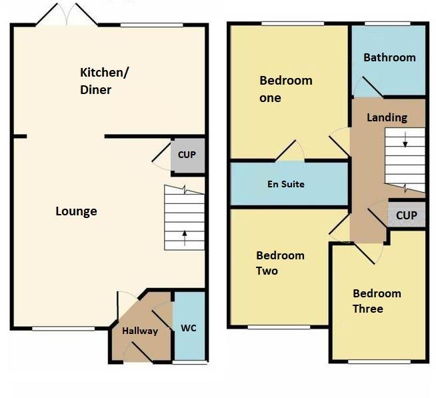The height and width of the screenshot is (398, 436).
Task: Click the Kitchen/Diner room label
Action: coord(105,81)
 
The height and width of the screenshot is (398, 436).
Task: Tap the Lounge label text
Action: coord(76,211)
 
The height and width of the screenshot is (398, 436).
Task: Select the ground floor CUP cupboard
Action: coord(187,155)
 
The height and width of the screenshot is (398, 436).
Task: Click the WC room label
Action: coord(188,329)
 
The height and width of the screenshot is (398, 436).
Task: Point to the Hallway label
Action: coord(140,331)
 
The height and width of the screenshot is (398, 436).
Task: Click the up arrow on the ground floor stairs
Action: coord(185,234)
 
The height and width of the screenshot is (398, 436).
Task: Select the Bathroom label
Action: coord(389,57)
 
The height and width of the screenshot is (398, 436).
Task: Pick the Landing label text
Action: coord(387,117)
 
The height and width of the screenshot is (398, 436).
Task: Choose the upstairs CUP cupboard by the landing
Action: coord(406,215)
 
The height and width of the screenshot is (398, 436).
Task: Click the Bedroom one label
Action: coord(285,89)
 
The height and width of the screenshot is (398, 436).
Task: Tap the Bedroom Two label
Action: coord(280,263)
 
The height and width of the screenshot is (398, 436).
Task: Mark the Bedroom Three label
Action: coord(377,301)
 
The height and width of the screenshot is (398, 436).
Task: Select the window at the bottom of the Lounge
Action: coord(54,328)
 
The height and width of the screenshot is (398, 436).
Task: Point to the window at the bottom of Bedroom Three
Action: coord(378,362)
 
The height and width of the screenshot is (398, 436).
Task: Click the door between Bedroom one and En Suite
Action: coord(290,153)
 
